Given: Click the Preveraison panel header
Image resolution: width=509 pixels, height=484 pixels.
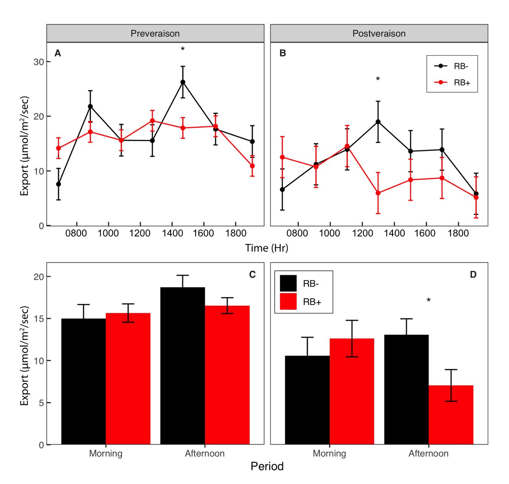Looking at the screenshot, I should pos(155,33).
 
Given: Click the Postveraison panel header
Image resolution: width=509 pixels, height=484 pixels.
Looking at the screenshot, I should pos(379,33).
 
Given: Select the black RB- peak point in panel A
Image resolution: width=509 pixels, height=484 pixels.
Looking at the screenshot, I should pos(183,82).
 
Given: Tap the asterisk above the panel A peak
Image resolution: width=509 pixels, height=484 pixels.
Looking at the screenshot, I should pos(183,49).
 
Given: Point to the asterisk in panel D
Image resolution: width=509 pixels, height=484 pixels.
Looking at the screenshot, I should pos(429,301).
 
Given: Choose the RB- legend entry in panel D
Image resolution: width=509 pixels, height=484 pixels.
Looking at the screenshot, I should pos(303,284).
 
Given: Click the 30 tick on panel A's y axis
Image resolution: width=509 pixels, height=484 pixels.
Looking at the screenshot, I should pos(39,62).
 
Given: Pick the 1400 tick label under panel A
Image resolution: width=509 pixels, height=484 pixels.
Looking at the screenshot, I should pos(171,233).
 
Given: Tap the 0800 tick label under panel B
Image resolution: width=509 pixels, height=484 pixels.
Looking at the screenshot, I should pos(297,233).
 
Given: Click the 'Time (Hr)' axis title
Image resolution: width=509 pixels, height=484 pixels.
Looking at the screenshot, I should pos(266,248).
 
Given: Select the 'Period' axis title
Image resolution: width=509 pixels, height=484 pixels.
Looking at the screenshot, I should pos(267,466).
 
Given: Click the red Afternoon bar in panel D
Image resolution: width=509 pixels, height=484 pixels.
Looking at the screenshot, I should pos(451,415).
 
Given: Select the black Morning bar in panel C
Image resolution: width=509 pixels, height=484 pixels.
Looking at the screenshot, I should pos(84,382).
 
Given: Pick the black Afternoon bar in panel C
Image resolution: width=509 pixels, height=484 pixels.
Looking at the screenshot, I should pos(183,366).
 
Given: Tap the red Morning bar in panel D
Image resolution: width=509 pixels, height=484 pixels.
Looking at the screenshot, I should pos(352,392).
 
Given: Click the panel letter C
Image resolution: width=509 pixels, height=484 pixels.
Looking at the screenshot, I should pos(252,275).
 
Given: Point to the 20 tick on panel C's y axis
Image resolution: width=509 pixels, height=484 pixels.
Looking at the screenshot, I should pos(39,277).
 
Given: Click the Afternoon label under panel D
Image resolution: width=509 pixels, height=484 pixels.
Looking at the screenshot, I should pos(428,453).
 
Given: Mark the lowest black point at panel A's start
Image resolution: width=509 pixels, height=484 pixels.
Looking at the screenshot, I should pos(58,184).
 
